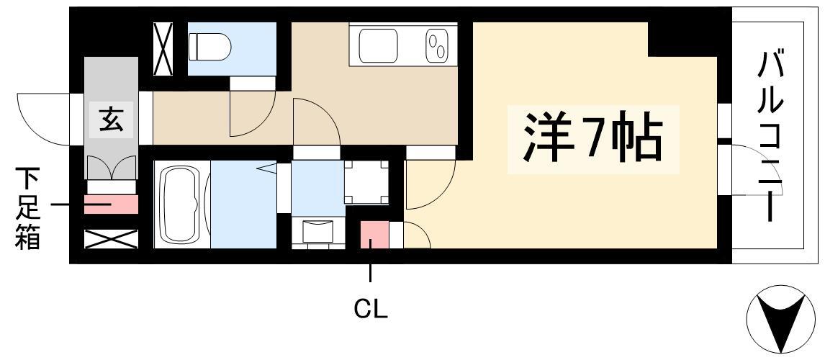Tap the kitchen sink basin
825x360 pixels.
378,45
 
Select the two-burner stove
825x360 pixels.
436,45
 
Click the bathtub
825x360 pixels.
181,204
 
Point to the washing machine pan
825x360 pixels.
366,182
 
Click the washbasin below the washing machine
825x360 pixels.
317,233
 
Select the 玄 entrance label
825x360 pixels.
111,120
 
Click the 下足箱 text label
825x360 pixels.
27,208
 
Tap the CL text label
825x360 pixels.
371,310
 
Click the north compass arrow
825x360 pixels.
780,320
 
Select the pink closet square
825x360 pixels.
374,235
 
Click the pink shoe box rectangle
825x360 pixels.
111,204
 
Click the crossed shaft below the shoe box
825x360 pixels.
111,239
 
